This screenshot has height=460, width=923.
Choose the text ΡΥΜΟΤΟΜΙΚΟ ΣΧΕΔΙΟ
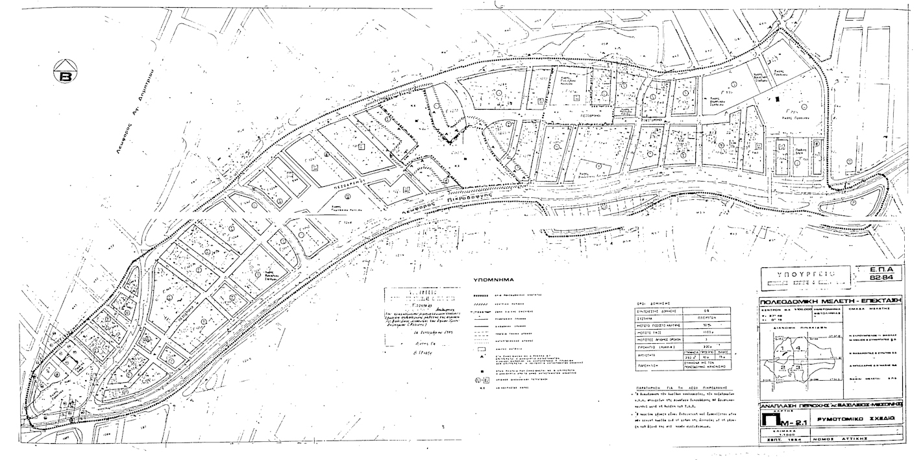click(865, 420)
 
